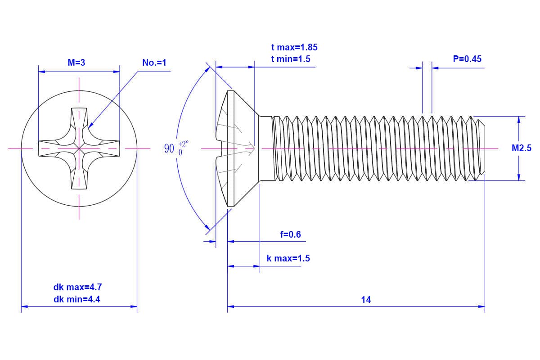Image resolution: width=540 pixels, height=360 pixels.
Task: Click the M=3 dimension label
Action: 76,63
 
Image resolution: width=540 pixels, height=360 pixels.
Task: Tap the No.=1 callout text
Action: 154,63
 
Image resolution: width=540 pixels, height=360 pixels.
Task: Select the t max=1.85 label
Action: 294,47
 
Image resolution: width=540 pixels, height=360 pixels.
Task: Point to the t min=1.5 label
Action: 291,59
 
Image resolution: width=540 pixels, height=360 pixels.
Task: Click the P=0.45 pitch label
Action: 467,59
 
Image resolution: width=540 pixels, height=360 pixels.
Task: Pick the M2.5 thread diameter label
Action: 521,148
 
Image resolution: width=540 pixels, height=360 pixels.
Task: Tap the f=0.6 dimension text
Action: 290,234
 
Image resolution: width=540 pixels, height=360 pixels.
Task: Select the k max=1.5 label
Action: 288,259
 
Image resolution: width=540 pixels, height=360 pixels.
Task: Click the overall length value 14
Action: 366,300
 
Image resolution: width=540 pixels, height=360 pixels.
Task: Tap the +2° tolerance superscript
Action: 184,144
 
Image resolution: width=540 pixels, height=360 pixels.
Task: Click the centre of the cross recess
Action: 79,148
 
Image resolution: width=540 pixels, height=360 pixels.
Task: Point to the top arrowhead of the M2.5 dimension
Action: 519,119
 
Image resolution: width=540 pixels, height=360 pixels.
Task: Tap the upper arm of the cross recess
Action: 79,119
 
